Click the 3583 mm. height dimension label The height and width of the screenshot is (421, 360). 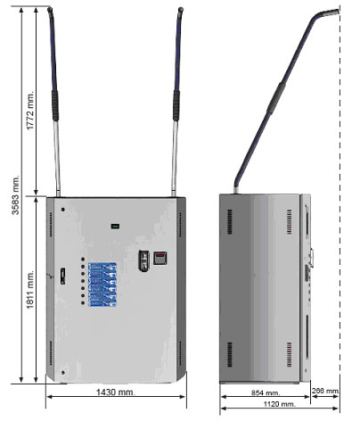click(15, 194)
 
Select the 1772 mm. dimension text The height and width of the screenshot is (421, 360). click(30, 110)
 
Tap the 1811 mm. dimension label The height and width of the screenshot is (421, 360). click(30, 289)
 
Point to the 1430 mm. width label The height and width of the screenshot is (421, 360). click(116, 392)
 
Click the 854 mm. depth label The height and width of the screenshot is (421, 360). click(266, 392)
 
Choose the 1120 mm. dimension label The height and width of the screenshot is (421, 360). click(280, 404)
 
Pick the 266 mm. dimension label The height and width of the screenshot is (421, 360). click(325, 391)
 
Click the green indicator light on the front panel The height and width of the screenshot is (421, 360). click(115, 227)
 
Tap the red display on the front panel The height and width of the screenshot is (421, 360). click(160, 258)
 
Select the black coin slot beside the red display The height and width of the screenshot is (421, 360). click(143, 260)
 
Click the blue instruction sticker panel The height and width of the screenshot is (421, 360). click(102, 285)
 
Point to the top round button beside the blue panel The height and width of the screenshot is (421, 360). click(83, 260)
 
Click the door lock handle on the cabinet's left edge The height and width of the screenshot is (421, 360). click(62, 276)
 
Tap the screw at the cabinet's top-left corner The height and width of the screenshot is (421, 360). click(63, 210)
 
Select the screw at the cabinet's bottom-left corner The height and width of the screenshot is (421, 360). click(63, 373)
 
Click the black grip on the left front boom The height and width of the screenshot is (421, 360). click(55, 105)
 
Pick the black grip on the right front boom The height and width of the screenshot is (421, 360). click(176, 105)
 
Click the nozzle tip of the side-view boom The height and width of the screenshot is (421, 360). click(337, 12)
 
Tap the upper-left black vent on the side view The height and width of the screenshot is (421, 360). click(230, 221)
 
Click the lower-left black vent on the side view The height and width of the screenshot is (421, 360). click(230, 354)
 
